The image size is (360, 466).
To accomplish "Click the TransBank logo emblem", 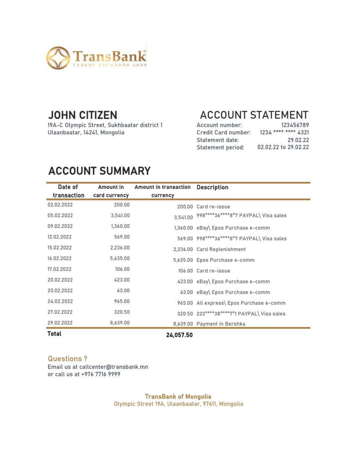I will click(58, 58).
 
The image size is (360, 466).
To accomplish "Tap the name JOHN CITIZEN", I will click(82, 115).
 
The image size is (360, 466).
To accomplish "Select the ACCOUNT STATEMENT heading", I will click(254, 115).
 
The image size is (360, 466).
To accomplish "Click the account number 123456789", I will click(295, 125).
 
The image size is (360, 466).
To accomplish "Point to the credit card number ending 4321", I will click(284, 132).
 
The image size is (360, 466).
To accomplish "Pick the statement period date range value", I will click(283, 147).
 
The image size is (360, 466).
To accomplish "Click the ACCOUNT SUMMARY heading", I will click(99, 171).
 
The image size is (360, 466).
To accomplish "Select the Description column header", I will click(213, 187).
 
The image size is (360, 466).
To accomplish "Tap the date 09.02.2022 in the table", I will click(60, 226).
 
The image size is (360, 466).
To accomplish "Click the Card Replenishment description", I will click(221, 249).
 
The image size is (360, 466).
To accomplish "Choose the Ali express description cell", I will click(241, 303).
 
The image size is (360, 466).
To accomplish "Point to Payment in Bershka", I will click(220, 324).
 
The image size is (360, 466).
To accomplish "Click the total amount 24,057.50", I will click(179, 335).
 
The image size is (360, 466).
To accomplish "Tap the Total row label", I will click(55, 334).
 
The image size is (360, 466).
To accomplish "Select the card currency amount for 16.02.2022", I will click(120, 258).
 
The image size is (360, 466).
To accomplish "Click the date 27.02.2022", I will click(60, 312).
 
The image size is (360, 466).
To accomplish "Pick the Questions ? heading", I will click(67, 359).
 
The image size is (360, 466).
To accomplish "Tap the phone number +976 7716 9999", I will click(101, 375).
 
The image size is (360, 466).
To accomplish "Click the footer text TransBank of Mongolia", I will click(178, 397).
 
